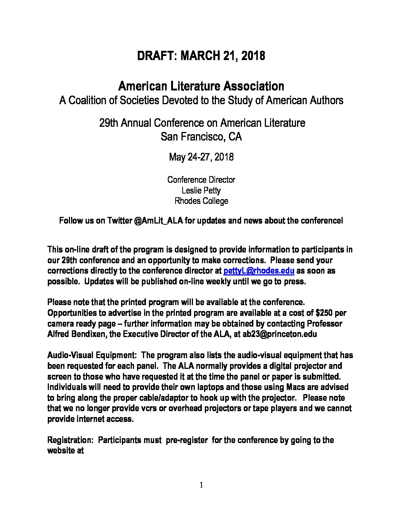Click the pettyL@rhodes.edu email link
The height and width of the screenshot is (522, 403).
tap(259, 271)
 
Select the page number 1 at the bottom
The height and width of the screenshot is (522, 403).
tap(201, 485)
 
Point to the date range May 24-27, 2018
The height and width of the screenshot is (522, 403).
tap(201, 157)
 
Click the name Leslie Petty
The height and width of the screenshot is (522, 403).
tap(201, 191)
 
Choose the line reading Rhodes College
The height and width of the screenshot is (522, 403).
tap(201, 201)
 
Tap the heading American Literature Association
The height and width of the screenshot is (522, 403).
tap(201, 86)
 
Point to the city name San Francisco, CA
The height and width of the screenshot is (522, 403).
tap(201, 137)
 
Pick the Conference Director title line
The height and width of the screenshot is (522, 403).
tap(201, 180)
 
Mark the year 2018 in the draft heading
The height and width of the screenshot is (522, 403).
tap(253, 56)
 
